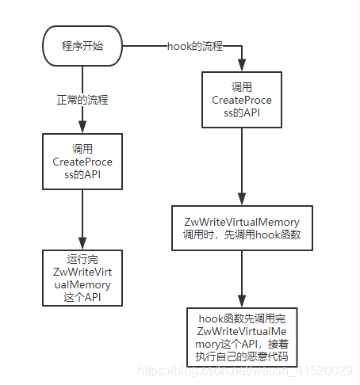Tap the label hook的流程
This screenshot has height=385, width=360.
pyautogui.click(x=196, y=47)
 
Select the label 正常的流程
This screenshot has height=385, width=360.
pyautogui.click(x=83, y=101)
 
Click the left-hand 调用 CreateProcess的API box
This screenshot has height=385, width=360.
pyautogui.click(x=82, y=162)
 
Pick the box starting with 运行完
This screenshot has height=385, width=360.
pyautogui.click(x=82, y=277)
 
